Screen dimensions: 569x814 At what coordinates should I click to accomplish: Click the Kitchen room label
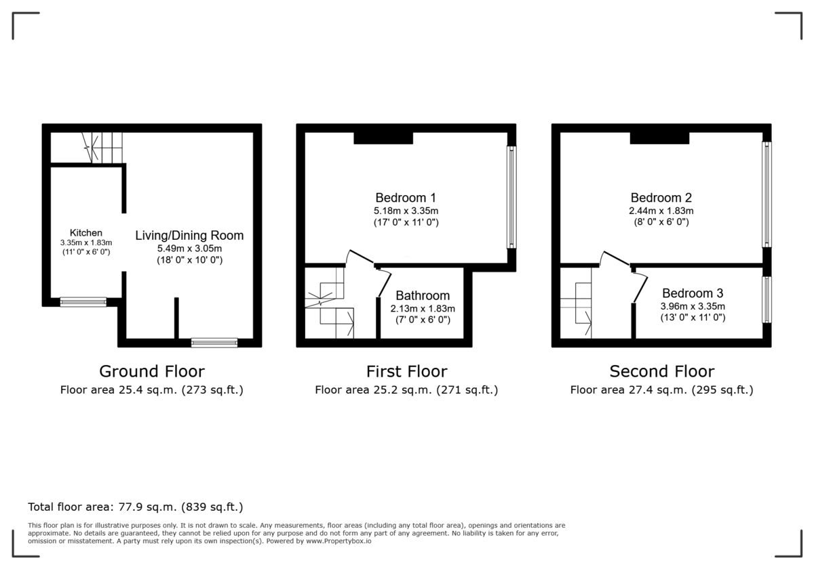pyautogui.click(x=85, y=233)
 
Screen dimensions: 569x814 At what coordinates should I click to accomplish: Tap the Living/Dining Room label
pyautogui.click(x=189, y=236)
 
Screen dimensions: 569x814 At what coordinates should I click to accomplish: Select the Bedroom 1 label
pyautogui.click(x=406, y=198)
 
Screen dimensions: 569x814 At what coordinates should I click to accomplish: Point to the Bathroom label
pyautogui.click(x=423, y=295)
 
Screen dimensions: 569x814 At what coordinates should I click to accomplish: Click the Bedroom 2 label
pyautogui.click(x=661, y=198)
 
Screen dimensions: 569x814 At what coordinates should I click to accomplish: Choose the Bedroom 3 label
pyautogui.click(x=693, y=293)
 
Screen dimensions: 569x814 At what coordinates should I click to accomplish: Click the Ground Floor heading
pyautogui.click(x=151, y=371)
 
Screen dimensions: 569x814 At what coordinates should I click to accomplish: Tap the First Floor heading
pyautogui.click(x=406, y=371)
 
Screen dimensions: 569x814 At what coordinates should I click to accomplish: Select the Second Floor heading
pyautogui.click(x=661, y=371)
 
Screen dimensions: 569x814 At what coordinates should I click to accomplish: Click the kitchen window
pyautogui.click(x=83, y=302)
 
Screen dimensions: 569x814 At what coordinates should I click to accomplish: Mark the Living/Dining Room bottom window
pyautogui.click(x=214, y=343)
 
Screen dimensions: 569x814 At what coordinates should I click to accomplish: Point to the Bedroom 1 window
pyautogui.click(x=512, y=197)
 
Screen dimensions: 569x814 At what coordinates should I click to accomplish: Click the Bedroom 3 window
pyautogui.click(x=767, y=299)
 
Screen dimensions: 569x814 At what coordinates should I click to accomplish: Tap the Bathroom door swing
pyautogui.click(x=384, y=282)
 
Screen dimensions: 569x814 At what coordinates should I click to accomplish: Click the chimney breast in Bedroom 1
pyautogui.click(x=383, y=138)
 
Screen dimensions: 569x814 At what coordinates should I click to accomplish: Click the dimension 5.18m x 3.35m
pyautogui.click(x=406, y=211)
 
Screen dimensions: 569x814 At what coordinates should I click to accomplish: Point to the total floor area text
pyautogui.click(x=135, y=507)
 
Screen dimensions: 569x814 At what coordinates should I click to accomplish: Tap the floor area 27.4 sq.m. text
pyautogui.click(x=661, y=389)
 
